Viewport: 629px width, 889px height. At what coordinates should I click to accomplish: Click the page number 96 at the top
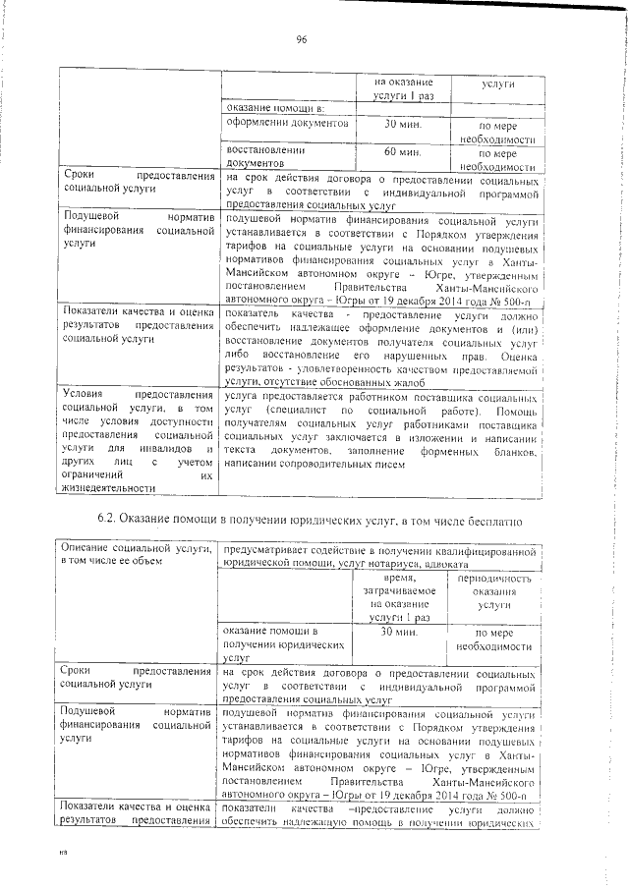point(302,38)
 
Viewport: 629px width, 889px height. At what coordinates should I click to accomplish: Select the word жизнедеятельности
point(108,488)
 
